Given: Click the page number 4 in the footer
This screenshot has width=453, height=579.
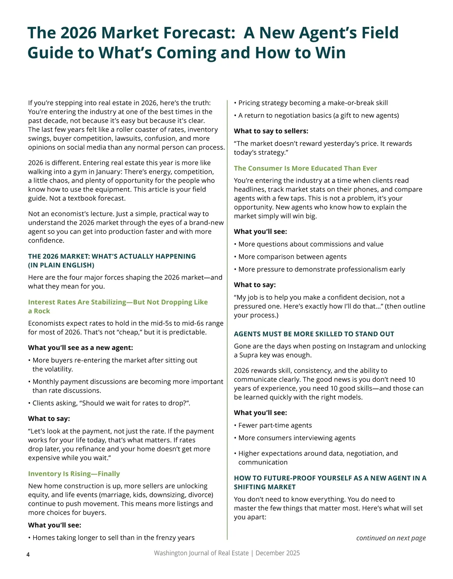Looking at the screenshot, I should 28,554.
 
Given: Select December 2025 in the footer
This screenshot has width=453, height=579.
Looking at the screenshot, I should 277,553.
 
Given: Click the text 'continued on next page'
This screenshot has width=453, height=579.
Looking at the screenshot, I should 391,538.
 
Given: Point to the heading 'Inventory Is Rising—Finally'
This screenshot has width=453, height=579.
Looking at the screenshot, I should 74,474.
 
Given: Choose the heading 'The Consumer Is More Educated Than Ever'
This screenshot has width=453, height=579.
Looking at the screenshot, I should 305,168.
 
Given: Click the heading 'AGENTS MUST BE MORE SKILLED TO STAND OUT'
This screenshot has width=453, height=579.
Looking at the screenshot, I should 314,334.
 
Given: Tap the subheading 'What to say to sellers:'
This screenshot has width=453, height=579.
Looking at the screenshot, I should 271,131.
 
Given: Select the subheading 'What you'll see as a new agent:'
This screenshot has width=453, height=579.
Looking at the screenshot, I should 80,347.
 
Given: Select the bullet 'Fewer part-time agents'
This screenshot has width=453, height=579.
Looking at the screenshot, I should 275,425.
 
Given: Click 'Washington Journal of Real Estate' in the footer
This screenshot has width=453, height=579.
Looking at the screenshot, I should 201,553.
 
